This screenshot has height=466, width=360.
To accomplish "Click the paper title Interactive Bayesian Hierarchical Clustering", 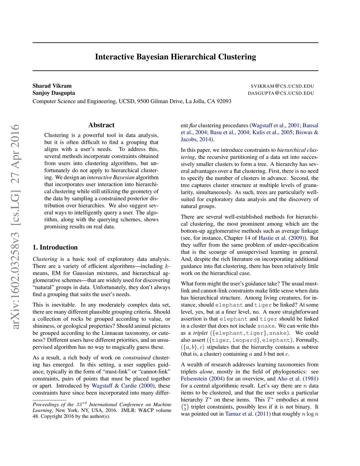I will coord(175,57).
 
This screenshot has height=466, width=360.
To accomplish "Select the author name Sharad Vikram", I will coord(52,86).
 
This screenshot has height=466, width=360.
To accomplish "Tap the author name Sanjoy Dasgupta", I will coord(54,93).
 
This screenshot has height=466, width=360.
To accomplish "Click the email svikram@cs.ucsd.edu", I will coord(282,86).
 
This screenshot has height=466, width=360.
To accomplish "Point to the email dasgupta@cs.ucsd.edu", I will coord(281,93).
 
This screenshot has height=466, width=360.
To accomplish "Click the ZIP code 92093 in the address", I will coord(224,101).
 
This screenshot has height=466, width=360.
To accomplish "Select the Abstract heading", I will coord(101,125).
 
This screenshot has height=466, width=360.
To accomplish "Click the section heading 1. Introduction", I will coord(55,247).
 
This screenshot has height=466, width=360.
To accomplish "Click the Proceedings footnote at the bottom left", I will coord(102,410).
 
